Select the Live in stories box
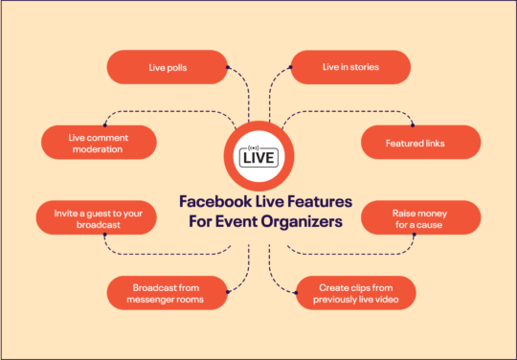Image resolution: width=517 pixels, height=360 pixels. tap(350, 67)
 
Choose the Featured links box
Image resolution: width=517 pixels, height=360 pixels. tap(418, 143)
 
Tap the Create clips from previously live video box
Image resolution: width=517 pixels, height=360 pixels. tap(354, 293)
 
